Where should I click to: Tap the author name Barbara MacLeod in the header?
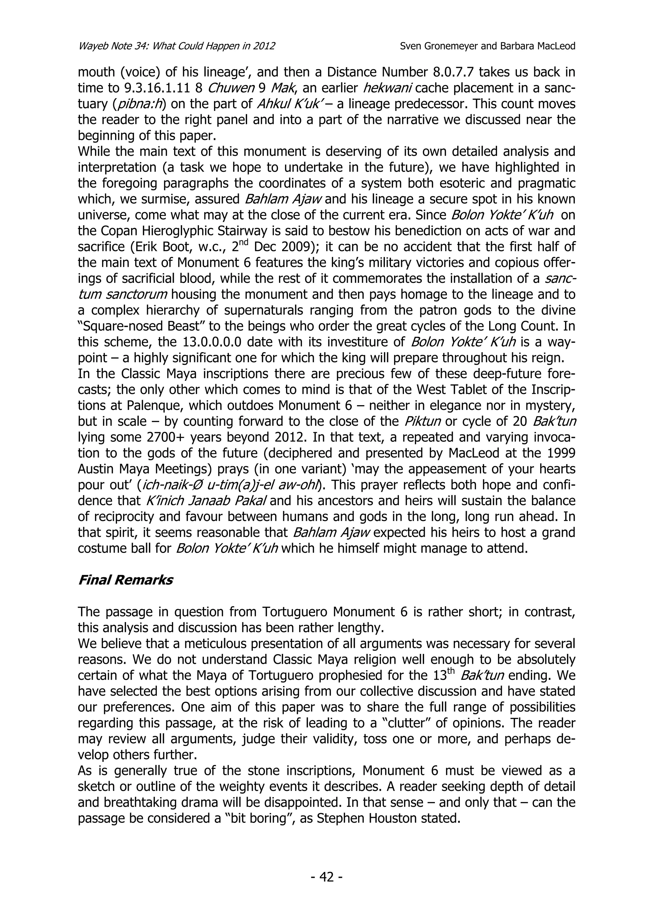pyautogui.click(x=538, y=46)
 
